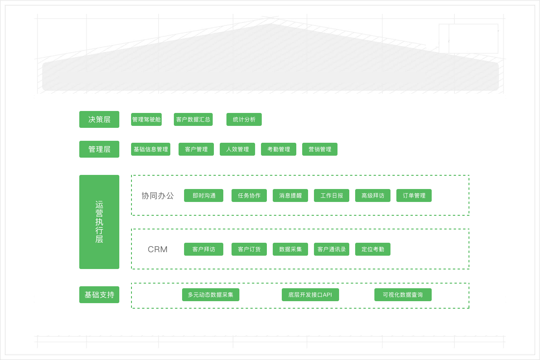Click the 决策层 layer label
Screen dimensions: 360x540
(x=99, y=120)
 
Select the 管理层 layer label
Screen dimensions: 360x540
(x=99, y=149)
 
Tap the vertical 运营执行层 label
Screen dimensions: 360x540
(x=99, y=222)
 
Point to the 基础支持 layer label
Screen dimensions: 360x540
(x=99, y=295)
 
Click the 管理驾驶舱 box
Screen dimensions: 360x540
(x=146, y=120)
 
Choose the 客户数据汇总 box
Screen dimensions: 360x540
(x=193, y=120)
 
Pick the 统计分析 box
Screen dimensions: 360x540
(x=244, y=120)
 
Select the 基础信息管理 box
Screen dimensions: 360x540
(x=150, y=149)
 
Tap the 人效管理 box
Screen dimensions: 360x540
(x=237, y=149)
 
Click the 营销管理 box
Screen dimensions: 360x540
(x=319, y=149)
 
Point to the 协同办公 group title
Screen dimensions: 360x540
(x=157, y=195)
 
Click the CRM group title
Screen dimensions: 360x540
(x=158, y=249)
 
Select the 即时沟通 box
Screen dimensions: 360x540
(x=203, y=195)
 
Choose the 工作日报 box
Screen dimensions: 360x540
(x=331, y=195)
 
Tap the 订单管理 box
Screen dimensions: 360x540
(x=414, y=195)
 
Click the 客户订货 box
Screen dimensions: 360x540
(x=249, y=249)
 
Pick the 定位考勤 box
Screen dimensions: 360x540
(x=372, y=249)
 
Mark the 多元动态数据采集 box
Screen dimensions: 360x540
(x=210, y=295)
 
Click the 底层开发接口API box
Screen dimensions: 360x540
(x=310, y=295)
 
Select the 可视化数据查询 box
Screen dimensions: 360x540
(x=402, y=295)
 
